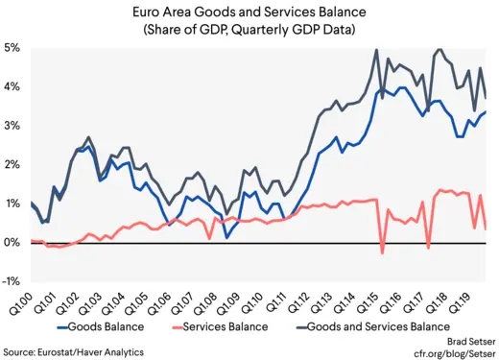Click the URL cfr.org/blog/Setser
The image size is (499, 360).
coord(447,352)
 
